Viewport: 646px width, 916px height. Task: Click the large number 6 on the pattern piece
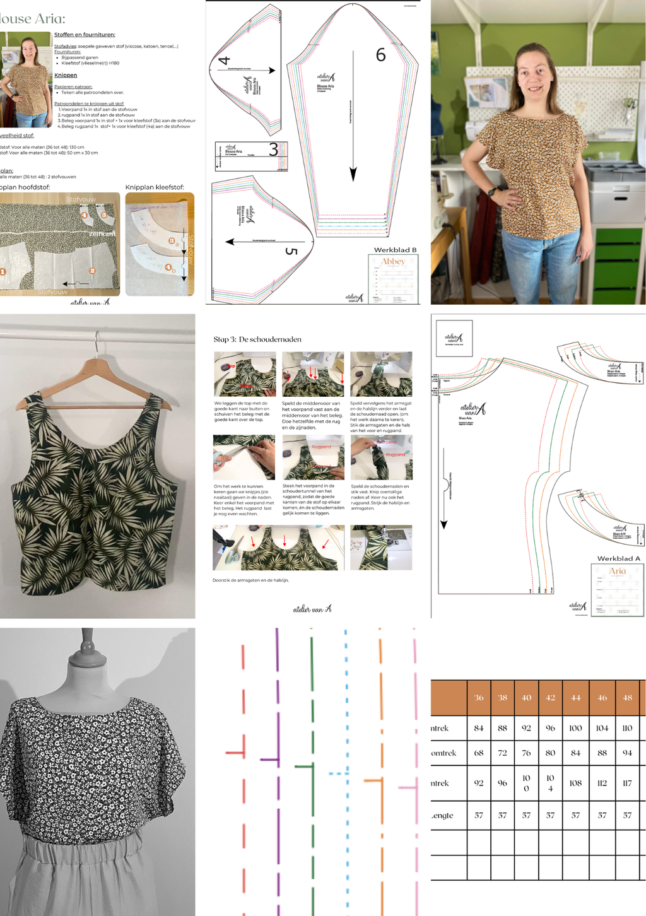(x=380, y=55)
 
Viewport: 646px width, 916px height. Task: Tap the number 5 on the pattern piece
(x=290, y=251)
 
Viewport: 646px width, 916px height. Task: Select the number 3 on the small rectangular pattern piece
(x=273, y=150)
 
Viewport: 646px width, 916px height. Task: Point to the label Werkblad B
(x=395, y=250)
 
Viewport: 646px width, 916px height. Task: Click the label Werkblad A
(x=618, y=558)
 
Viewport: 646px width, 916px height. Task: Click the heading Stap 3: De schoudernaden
(x=257, y=339)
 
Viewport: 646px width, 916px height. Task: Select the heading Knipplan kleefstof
(x=155, y=187)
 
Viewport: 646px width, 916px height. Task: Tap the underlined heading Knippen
(x=66, y=75)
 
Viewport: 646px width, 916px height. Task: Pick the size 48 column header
(x=627, y=698)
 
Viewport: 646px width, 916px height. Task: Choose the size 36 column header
(x=479, y=698)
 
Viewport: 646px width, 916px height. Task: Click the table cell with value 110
(x=627, y=728)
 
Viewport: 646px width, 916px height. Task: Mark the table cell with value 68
(x=479, y=753)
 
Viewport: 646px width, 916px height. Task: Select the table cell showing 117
(x=627, y=783)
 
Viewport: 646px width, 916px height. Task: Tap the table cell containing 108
(x=575, y=783)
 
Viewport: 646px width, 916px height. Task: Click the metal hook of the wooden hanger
(x=96, y=341)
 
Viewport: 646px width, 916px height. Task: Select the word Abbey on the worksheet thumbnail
(x=393, y=262)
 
